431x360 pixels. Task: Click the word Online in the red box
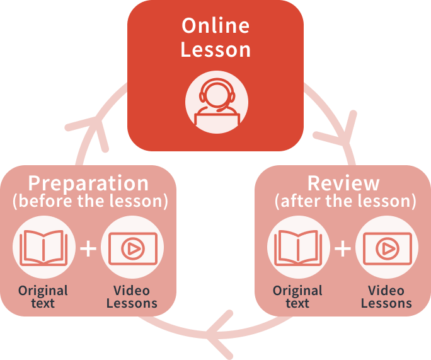point(215,26)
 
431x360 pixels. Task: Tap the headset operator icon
point(216,101)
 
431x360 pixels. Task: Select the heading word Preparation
point(89,183)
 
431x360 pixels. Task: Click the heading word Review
point(344,183)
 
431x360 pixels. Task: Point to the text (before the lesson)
point(90,201)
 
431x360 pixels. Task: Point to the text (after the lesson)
point(345,201)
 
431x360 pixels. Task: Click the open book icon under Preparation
point(43,248)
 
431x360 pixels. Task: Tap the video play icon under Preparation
point(132,248)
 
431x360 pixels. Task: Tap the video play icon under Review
point(387,248)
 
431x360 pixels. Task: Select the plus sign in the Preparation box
point(88,248)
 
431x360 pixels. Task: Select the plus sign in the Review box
point(343,248)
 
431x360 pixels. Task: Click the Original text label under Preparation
point(43,296)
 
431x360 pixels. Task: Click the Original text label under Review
point(297,296)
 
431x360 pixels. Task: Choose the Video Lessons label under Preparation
point(132,296)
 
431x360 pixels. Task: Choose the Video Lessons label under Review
point(386,296)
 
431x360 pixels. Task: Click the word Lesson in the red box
point(215,50)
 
